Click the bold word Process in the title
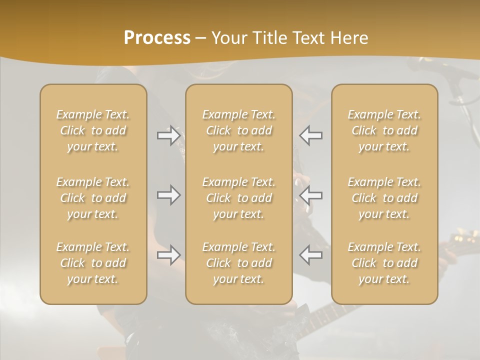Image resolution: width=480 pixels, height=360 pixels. [x=157, y=37]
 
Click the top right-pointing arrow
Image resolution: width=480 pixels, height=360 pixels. [x=168, y=135]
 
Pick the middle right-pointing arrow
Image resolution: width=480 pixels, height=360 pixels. [x=168, y=195]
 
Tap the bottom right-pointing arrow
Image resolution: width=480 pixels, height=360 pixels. [x=168, y=255]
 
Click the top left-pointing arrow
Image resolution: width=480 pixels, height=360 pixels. [x=311, y=135]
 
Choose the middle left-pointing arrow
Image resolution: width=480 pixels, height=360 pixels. [x=311, y=195]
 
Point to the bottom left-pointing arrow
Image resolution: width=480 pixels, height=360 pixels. [x=311, y=255]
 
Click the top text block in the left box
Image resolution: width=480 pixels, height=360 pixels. [x=93, y=130]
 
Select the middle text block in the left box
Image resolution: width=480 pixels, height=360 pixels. [x=93, y=198]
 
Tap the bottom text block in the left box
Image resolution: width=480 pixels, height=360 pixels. [x=93, y=263]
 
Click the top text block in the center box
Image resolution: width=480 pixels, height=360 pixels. [x=239, y=130]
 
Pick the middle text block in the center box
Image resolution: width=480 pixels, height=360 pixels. [x=239, y=198]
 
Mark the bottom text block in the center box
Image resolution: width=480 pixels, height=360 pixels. [x=239, y=263]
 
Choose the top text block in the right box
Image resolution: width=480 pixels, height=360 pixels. [x=384, y=130]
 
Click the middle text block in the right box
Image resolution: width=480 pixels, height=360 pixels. [x=384, y=198]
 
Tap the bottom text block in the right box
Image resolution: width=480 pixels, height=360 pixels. [x=384, y=263]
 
